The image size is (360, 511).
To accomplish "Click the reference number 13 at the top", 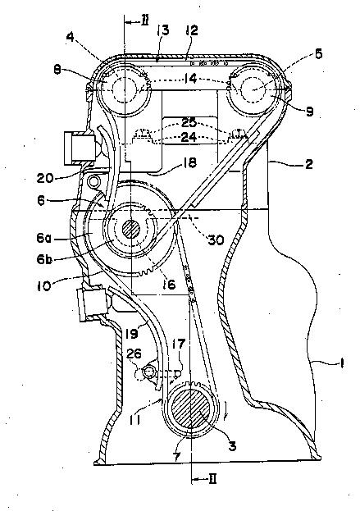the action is (163, 30).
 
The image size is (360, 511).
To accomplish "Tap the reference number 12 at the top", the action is (192, 30).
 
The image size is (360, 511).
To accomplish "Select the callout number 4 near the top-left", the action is (70, 37).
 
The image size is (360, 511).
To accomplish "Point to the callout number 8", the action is (57, 70).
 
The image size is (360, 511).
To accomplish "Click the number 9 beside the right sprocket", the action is (309, 112).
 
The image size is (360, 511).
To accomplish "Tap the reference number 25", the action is (189, 122).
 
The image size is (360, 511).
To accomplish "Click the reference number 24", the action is (189, 136).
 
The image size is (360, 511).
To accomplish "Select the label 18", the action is (190, 162).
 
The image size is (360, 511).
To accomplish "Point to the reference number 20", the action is (45, 178).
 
